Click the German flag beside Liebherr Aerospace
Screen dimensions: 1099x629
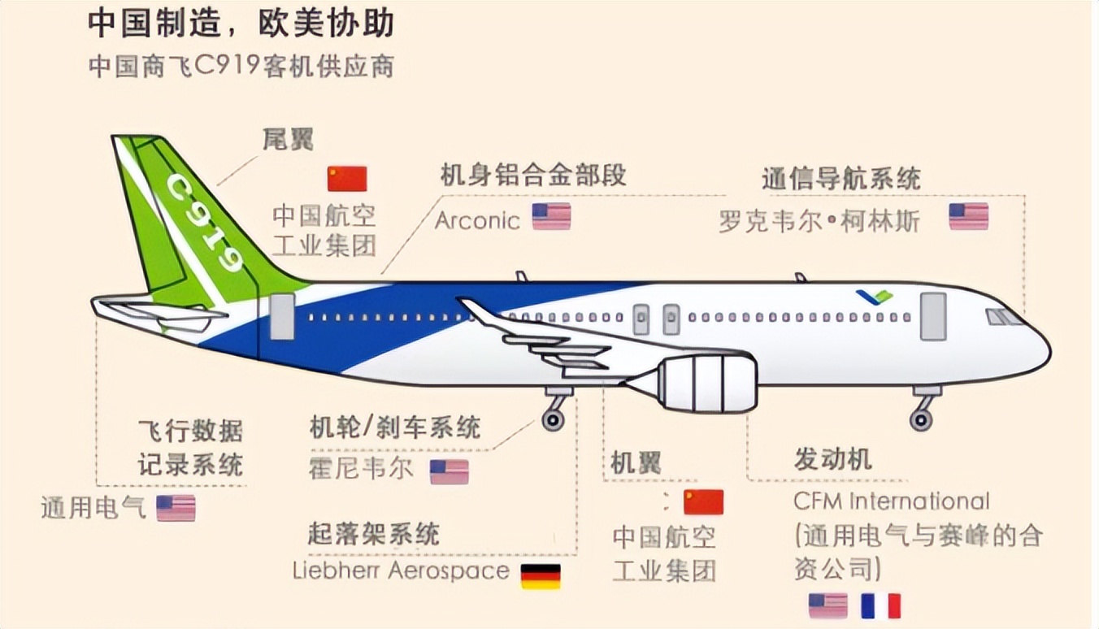pyautogui.click(x=541, y=576)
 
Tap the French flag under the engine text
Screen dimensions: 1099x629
pyautogui.click(x=880, y=606)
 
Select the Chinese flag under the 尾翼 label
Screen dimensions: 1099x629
pyautogui.click(x=347, y=179)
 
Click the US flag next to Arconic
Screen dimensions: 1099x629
pyautogui.click(x=551, y=216)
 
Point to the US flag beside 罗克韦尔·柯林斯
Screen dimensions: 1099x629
pyautogui.click(x=968, y=216)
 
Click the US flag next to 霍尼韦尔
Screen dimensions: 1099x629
pyautogui.click(x=449, y=472)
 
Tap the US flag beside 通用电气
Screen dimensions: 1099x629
pyautogui.click(x=176, y=508)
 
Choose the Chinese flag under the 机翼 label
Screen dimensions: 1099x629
pyautogui.click(x=704, y=501)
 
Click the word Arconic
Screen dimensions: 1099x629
pyautogui.click(x=477, y=221)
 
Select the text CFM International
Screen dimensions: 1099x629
pyautogui.click(x=892, y=501)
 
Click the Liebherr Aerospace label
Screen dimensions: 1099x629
pyautogui.click(x=401, y=570)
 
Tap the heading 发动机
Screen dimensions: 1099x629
pyautogui.click(x=832, y=460)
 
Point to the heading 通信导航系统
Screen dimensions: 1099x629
pyautogui.click(x=841, y=179)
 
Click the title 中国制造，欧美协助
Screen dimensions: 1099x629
pyautogui.click(x=241, y=23)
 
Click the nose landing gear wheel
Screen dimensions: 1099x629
pyautogui.click(x=921, y=420)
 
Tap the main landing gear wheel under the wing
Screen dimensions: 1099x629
pyautogui.click(x=553, y=420)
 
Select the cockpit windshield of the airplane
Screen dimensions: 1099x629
pyautogui.click(x=1003, y=317)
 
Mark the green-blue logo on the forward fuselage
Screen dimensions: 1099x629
pyautogui.click(x=875, y=297)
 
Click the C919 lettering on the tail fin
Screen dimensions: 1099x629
pyautogui.click(x=205, y=223)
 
